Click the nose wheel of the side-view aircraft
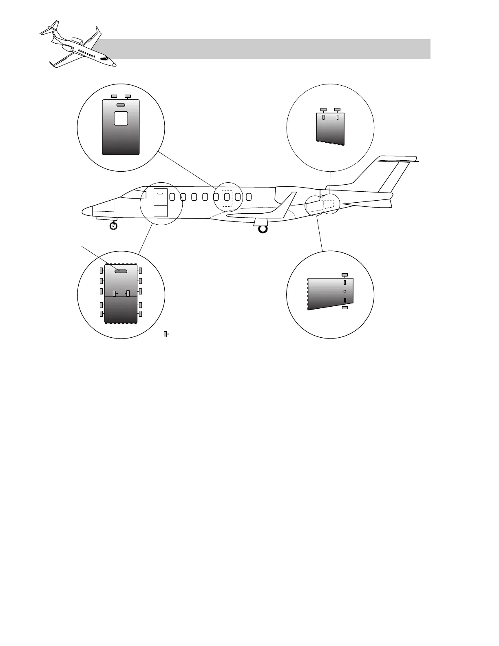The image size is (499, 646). click(x=114, y=226)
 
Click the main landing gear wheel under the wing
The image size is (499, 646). click(x=263, y=229)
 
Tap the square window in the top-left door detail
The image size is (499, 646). click(x=121, y=119)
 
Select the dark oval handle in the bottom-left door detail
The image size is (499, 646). click(x=121, y=271)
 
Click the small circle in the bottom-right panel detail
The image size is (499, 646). click(x=345, y=291)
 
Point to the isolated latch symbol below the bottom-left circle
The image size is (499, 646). click(x=166, y=334)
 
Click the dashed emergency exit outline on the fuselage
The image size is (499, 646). click(x=227, y=198)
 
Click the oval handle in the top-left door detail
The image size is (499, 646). click(x=121, y=105)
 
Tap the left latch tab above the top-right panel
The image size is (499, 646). click(x=323, y=109)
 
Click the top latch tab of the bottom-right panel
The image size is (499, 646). click(x=345, y=275)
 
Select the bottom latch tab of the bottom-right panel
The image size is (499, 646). click(x=345, y=308)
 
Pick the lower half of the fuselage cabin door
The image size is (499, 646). click(x=161, y=211)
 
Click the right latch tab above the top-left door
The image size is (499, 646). click(x=128, y=96)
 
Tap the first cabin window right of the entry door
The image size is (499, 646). click(x=172, y=197)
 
